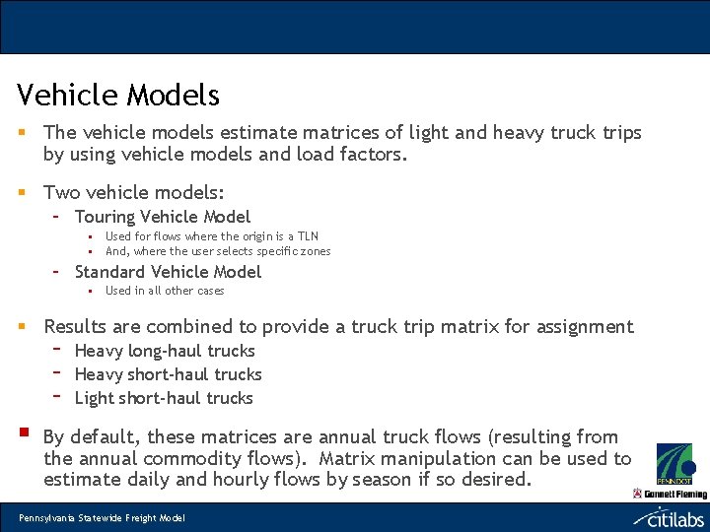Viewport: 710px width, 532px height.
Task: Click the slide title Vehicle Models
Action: (x=118, y=96)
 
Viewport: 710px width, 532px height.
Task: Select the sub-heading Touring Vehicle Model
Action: (x=163, y=217)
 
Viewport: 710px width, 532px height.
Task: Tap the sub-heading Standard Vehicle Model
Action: (x=168, y=272)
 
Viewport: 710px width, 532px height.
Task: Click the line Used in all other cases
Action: (x=165, y=291)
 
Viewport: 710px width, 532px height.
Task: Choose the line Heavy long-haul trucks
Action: (x=165, y=351)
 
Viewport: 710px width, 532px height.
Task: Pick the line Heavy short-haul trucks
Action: (x=168, y=374)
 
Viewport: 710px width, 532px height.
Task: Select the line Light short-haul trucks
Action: (x=164, y=398)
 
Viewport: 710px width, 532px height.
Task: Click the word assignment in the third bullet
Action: (x=585, y=327)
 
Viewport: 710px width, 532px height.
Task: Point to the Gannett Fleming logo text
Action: (x=676, y=494)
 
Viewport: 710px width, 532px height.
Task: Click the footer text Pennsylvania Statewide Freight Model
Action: (x=102, y=518)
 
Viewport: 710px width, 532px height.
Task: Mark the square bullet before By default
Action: (x=22, y=432)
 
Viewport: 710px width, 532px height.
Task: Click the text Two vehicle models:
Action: (x=134, y=193)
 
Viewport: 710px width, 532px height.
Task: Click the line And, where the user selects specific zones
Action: (x=218, y=251)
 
